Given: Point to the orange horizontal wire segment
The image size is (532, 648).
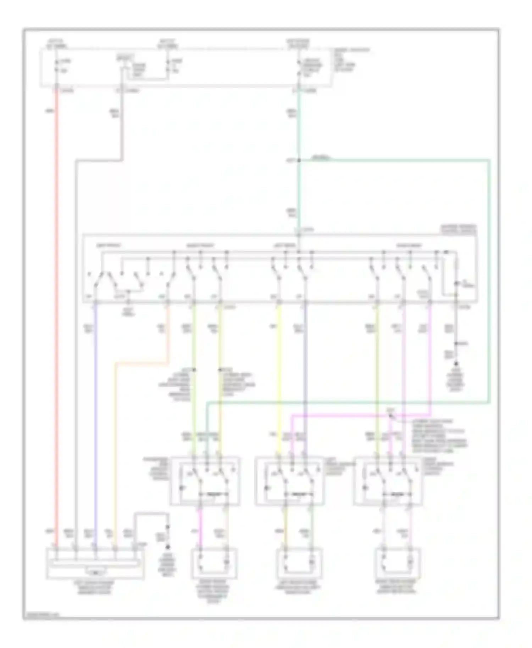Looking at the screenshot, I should coord(142,363).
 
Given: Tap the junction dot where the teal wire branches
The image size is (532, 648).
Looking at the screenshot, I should coord(299,161).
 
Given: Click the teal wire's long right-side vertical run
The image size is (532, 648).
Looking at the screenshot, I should coord(489,284).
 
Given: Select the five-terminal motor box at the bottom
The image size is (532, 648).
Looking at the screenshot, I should coord(95,564).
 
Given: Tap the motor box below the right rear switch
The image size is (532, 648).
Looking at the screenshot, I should coord(398,564).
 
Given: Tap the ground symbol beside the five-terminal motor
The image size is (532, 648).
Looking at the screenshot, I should coord(168,548).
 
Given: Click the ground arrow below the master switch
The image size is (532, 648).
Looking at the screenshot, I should coord(456,363).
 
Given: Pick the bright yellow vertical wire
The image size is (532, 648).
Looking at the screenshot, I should coord(279,376).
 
